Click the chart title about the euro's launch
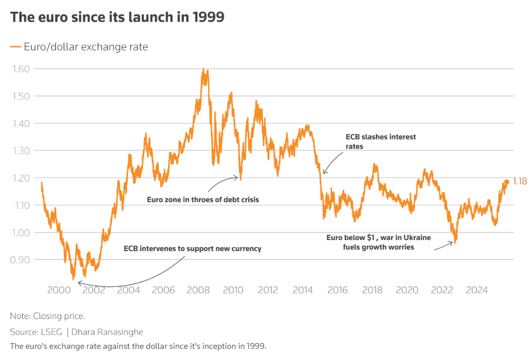pos(117,17)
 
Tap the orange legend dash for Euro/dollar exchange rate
pos(15,47)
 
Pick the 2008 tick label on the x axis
pos(198,290)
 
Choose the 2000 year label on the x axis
pos(59,290)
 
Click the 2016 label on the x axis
pos(338,290)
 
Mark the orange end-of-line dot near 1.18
pos(507,181)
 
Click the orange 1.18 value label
pos(520,181)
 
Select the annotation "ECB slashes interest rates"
pos(381,142)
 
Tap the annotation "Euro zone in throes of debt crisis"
pos(203,200)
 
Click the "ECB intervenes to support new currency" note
pos(193,248)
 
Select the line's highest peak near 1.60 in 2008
pos(203,70)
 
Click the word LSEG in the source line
pos(52,332)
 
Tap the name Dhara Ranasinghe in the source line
pos(108,332)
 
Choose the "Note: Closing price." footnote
pos(47,316)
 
